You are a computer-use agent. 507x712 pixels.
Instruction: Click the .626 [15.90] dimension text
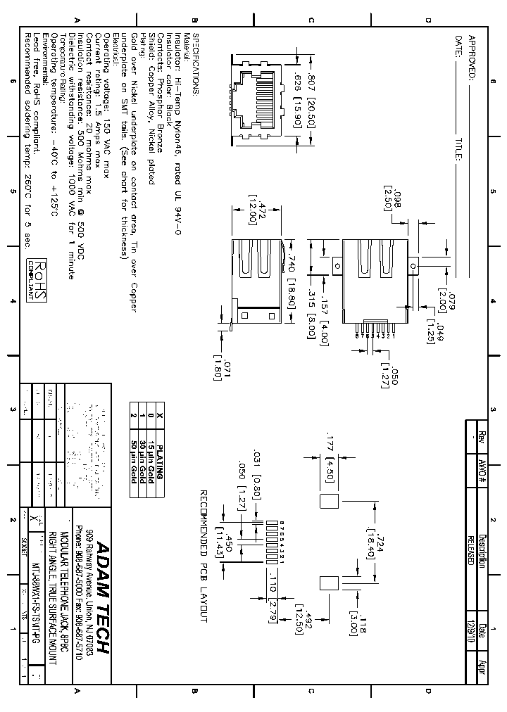[x=296, y=101]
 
